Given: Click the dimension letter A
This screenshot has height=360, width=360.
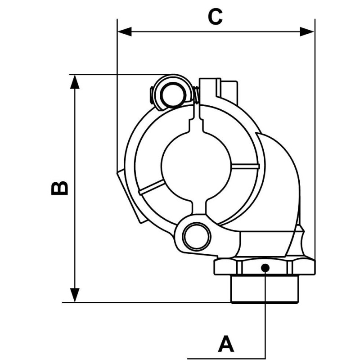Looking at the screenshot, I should point(226,344).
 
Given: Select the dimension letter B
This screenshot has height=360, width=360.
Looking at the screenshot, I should point(59,188).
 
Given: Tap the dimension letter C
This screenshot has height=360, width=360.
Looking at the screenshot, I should point(215,17).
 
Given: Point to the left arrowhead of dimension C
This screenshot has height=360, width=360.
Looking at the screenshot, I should point(124,31).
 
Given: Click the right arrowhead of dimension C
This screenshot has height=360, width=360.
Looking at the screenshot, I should point(308,31).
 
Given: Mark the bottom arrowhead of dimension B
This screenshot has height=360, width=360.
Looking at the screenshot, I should point(76,294).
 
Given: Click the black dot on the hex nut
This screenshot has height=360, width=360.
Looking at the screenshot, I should point(265,268).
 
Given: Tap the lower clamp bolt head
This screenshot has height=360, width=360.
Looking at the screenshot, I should point(196,234).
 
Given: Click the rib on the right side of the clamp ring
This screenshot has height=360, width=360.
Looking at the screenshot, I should point(245,167).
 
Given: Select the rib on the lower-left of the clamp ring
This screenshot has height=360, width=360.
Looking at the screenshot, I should point(151,187).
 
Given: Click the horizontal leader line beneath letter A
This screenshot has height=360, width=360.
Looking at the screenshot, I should point(225,359).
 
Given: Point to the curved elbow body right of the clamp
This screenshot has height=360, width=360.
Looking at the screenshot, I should point(281,180).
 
